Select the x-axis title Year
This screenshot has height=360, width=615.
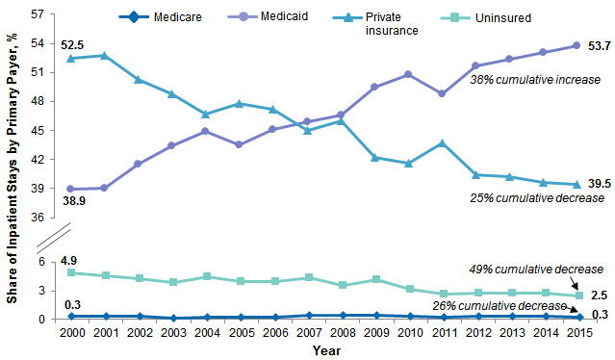tap(325, 351)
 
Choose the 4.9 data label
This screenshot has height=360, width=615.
tap(68, 261)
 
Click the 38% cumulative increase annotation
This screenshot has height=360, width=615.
tap(535, 81)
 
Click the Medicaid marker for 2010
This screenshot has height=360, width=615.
tap(408, 74)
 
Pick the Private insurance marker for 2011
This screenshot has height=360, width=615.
tap(441, 143)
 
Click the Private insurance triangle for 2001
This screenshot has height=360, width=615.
tap(104, 56)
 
